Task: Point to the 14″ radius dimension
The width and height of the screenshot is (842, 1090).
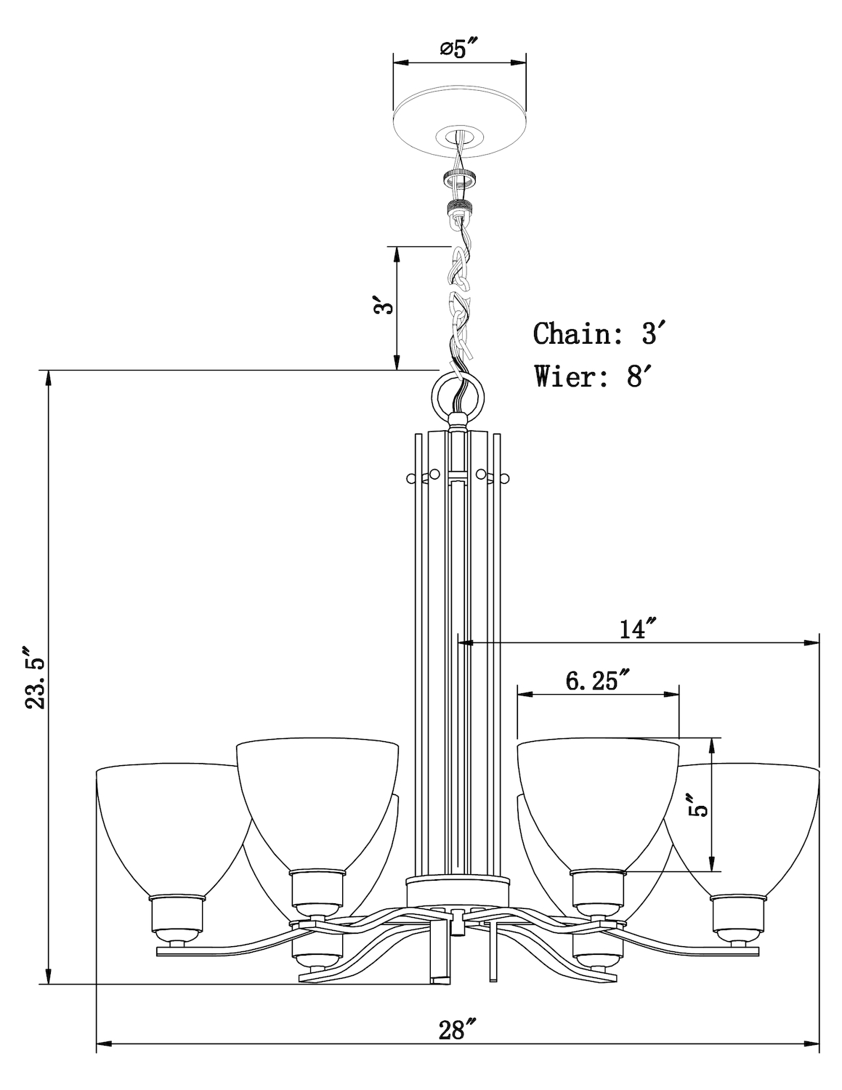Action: (638, 628)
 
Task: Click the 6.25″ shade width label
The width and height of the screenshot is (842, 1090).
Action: (596, 681)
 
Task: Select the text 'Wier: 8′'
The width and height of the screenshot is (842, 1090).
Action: (589, 376)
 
